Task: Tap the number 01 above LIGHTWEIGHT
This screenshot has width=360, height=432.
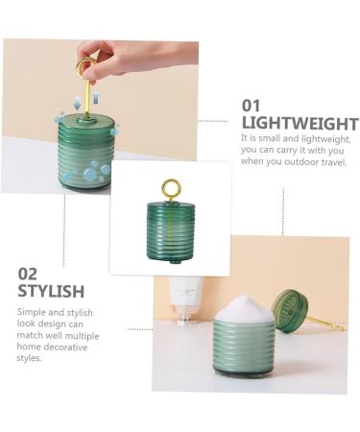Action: [251, 105]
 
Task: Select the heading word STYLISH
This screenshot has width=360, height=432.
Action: [51, 291]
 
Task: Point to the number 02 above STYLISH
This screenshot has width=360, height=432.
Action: [28, 274]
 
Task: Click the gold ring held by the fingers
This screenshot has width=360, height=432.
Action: [86, 67]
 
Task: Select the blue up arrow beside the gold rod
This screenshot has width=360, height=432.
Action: [95, 98]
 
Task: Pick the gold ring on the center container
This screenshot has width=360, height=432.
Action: [170, 188]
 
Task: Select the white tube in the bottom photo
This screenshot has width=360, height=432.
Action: [186, 299]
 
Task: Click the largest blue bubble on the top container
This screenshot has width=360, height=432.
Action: [90, 175]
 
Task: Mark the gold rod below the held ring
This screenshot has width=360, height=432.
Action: [87, 97]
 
